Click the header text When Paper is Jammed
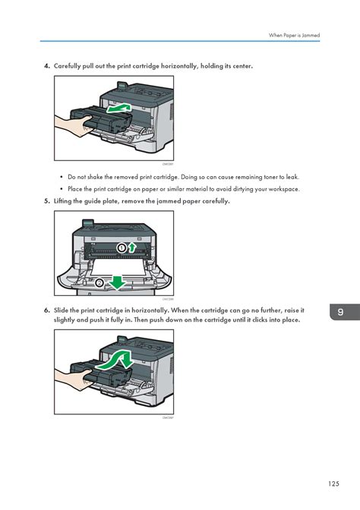294,35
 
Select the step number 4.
46,66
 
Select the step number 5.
46,201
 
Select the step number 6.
46,310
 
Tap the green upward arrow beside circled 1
133,247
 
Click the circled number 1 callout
122,248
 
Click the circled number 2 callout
99,282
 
